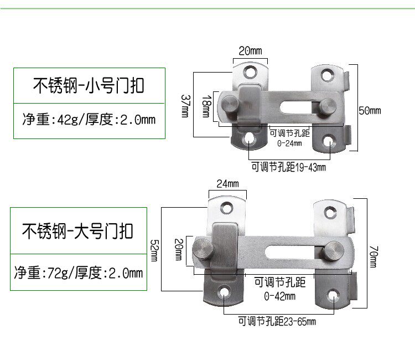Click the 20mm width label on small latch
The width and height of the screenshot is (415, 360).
coord(250,51)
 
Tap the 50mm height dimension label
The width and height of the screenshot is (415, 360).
coord(370,111)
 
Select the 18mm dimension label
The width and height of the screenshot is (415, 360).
coord(206,105)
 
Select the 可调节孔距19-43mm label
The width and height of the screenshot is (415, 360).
coord(288,166)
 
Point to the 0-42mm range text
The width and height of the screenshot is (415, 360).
coord(279,296)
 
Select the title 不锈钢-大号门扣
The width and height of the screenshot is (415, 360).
coord(78,229)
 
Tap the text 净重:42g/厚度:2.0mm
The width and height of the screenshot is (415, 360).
coord(89,119)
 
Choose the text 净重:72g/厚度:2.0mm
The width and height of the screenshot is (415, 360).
coord(79,272)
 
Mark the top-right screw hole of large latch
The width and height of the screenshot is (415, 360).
coord(330,212)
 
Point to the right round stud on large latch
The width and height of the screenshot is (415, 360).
coord(334,250)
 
